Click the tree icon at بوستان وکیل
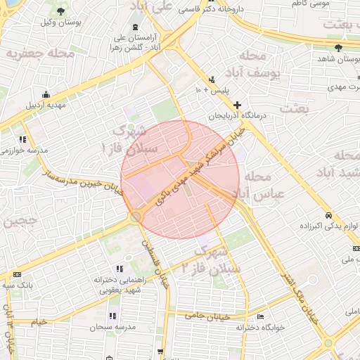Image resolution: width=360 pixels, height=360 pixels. pyautogui.click(x=60, y=11)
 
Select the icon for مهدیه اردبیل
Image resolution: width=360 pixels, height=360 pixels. pyautogui.click(x=46, y=95)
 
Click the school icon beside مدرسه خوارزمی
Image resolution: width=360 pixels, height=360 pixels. pyautogui.click(x=22, y=139)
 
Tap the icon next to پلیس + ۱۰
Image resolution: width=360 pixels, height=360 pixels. pyautogui.click(x=212, y=79)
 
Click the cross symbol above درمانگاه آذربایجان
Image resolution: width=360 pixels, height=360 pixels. pyautogui.click(x=237, y=104)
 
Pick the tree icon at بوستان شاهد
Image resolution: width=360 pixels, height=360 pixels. pyautogui.click(x=339, y=48)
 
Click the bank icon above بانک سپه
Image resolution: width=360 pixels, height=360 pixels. pyautogui.click(x=18, y=274)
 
